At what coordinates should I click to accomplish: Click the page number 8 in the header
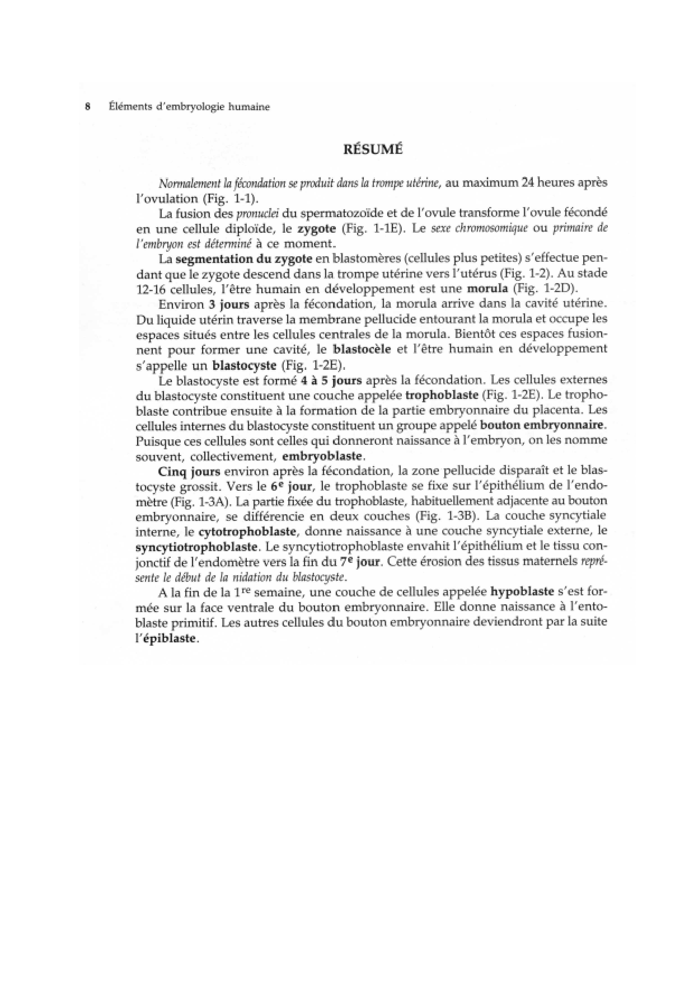(x=87, y=106)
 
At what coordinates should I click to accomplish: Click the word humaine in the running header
(x=249, y=106)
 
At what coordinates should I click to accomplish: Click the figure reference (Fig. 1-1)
(x=229, y=199)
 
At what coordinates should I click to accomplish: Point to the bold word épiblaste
(x=170, y=638)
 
